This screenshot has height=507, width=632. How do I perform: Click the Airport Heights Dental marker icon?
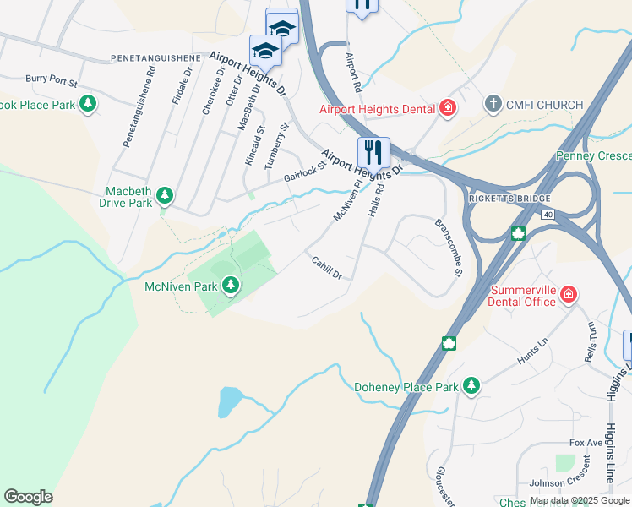pos(447,108)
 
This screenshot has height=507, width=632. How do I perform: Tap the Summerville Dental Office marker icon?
pos(569,294)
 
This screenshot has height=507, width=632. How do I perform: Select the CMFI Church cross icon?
pos(493,104)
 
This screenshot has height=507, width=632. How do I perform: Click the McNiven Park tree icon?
pos(230,286)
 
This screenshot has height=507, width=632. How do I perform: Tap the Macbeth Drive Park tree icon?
pos(166,196)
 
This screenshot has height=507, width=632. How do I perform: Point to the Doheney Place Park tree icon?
pos(471,386)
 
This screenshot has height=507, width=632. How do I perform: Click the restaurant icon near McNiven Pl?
pos(373,152)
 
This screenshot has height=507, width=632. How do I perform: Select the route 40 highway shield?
pos(548,215)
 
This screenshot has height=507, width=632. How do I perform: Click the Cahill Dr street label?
pos(326,269)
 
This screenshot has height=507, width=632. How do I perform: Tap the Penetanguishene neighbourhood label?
pos(155,58)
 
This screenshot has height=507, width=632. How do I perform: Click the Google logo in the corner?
pos(28,496)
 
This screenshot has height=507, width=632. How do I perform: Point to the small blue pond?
pos(228,402)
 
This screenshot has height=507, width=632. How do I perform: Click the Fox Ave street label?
pos(586,443)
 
